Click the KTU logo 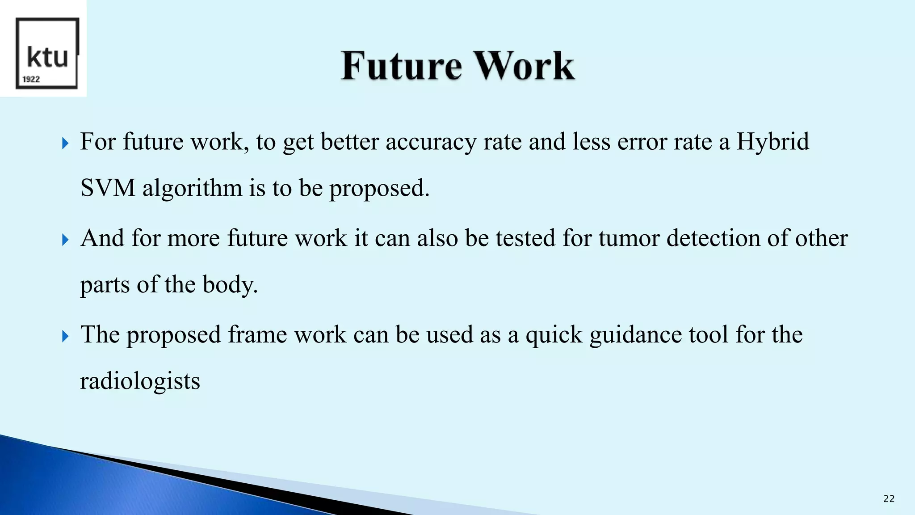[47, 53]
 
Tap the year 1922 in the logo [31, 80]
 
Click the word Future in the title [401, 66]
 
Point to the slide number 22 [889, 499]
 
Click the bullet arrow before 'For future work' [66, 144]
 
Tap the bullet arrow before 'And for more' [66, 240]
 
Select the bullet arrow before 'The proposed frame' [66, 336]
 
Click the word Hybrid [772, 142]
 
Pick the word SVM [108, 188]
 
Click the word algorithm [193, 189]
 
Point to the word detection [714, 238]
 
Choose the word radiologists [140, 381]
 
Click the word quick [554, 335]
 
